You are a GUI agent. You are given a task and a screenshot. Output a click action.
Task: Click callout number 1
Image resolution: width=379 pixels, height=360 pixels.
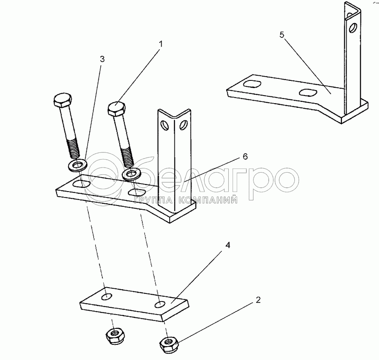pyautogui.click(x=161, y=44)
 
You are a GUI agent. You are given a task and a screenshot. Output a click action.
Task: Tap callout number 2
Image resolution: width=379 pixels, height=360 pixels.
pyautogui.click(x=258, y=300)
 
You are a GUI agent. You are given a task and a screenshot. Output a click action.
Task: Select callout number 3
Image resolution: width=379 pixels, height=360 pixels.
pyautogui.click(x=102, y=59)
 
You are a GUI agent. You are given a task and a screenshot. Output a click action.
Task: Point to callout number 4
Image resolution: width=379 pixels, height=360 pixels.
pyautogui.click(x=228, y=245)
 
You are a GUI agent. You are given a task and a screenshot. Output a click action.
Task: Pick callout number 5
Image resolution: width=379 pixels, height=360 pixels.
pyautogui.click(x=282, y=35)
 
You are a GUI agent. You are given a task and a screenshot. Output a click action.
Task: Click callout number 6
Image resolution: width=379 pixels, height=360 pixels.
pyautogui.click(x=245, y=157)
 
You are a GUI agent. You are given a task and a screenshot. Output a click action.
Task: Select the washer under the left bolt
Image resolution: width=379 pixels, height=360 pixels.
pyautogui.click(x=77, y=165)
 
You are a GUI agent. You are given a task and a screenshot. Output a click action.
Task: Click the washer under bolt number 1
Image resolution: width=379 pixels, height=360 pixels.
pyautogui.click(x=132, y=174)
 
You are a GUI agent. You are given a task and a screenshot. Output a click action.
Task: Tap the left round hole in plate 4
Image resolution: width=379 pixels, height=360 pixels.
pyautogui.click(x=107, y=297)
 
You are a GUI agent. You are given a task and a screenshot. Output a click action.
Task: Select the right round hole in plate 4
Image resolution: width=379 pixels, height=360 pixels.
pyautogui.click(x=160, y=304)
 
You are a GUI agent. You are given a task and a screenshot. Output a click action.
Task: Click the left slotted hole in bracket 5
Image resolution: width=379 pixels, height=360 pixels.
pyautogui.click(x=252, y=84)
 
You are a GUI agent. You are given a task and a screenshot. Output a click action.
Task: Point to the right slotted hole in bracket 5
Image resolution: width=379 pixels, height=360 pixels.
pyautogui.click(x=308, y=92)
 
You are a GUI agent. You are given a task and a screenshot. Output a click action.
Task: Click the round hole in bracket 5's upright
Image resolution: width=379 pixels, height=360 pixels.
pyautogui.click(x=353, y=27)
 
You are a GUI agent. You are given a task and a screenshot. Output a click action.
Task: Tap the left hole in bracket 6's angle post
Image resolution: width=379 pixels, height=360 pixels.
pyautogui.click(x=165, y=125)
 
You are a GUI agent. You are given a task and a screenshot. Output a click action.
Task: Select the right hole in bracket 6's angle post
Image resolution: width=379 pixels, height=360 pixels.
pyautogui.click(x=184, y=125)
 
